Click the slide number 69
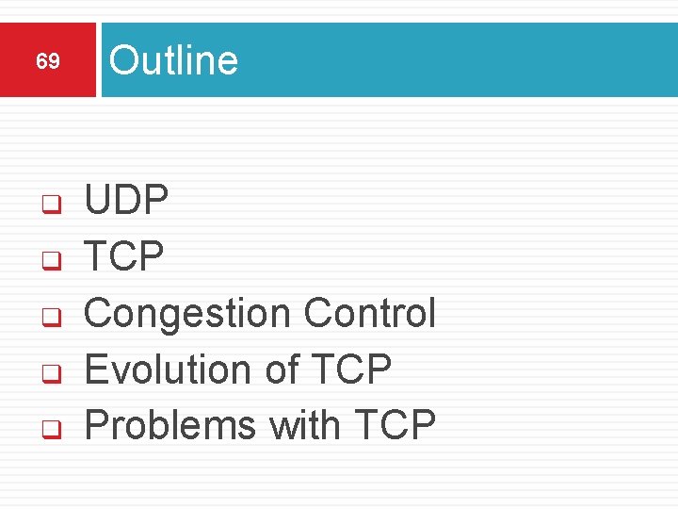[48, 62]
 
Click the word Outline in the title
[173, 60]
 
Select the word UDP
[127, 200]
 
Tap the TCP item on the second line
[124, 255]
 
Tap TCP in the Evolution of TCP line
[351, 369]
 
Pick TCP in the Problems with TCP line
[395, 425]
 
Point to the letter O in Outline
[123, 60]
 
